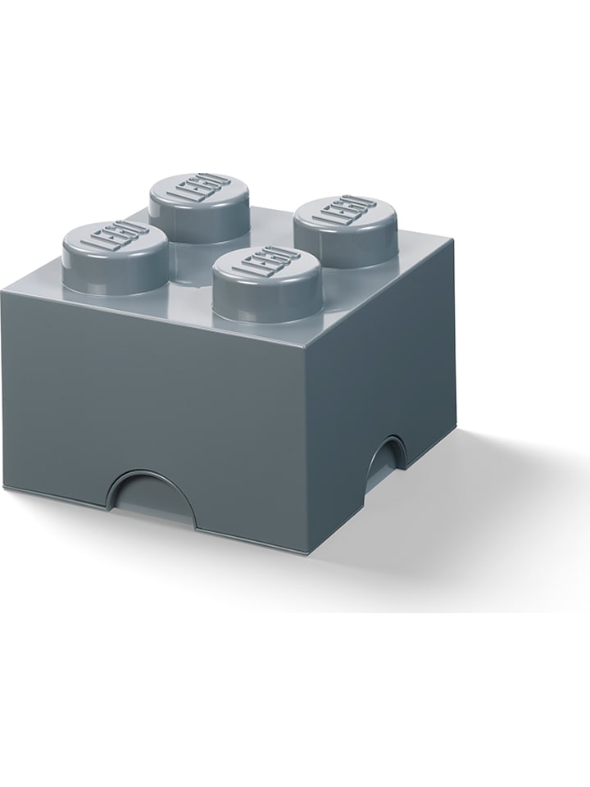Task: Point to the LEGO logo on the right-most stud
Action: click(345, 212)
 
